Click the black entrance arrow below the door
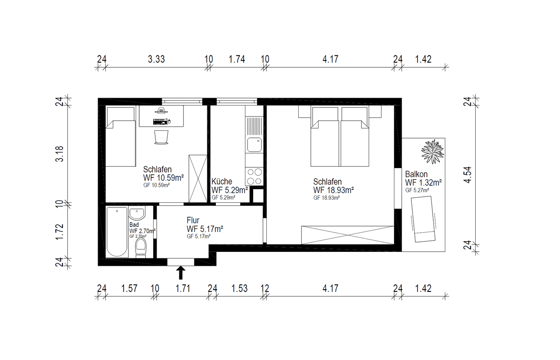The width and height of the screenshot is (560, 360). coord(180,272)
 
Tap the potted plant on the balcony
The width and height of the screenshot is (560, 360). coord(432,152)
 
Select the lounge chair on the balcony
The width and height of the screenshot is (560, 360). coord(423,219)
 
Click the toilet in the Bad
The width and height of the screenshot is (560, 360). coord(141,248)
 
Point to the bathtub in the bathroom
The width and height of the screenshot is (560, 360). coord(117,232)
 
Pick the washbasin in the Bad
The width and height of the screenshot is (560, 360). coord(137,213)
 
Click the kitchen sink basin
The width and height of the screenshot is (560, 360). coord(254,145)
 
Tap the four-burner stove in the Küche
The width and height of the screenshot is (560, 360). coord(254,176)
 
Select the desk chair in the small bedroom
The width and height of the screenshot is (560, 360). coord(161,137)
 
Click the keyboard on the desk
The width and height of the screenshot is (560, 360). coord(160,122)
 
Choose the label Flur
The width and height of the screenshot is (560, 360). coord(193,220)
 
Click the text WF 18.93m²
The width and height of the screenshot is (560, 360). coord(334,190)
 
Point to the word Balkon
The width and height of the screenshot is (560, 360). coord(416,174)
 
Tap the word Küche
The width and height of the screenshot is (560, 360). coord(222,181)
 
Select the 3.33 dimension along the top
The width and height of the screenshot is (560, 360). coord(156,60)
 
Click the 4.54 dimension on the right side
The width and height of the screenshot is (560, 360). coord(467,175)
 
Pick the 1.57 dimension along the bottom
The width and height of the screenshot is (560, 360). coord(129,289)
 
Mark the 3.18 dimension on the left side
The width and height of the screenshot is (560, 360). coord(59,154)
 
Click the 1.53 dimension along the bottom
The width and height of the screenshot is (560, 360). coord(240,289)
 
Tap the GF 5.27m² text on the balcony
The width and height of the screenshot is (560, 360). coord(417,190)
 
